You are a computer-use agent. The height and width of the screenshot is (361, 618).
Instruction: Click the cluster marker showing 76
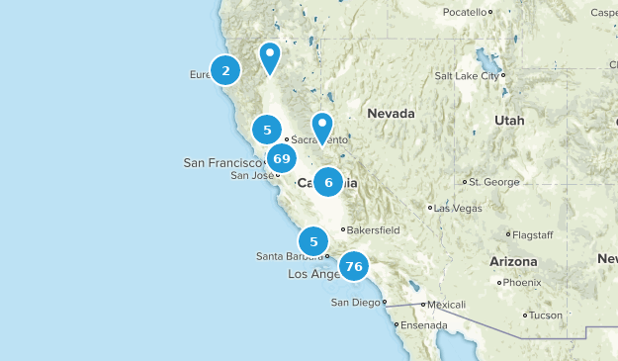click(353, 266)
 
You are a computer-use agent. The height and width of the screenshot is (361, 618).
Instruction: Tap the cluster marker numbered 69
click(281, 159)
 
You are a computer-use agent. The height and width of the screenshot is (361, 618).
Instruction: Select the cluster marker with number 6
click(328, 182)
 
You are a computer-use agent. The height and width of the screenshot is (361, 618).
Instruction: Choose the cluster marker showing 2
click(225, 70)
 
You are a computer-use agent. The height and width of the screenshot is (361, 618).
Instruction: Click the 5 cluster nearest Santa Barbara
click(313, 240)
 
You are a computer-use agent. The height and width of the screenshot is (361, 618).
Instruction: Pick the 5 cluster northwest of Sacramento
click(267, 130)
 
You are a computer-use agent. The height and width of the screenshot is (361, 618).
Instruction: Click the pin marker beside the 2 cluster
click(270, 57)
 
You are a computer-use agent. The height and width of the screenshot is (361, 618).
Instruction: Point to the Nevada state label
click(391, 114)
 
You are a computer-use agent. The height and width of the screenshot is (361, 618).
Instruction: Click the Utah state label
click(510, 120)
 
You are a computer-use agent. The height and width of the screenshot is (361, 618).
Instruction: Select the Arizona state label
click(512, 261)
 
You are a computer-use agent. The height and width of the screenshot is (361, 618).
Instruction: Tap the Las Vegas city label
click(457, 208)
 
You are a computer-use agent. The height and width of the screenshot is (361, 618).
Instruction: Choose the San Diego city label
click(355, 302)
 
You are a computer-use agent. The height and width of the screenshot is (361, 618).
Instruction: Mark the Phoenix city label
click(521, 282)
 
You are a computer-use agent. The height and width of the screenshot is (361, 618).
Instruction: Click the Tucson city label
click(545, 316)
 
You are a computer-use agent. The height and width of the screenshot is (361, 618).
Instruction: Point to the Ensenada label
click(424, 324)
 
